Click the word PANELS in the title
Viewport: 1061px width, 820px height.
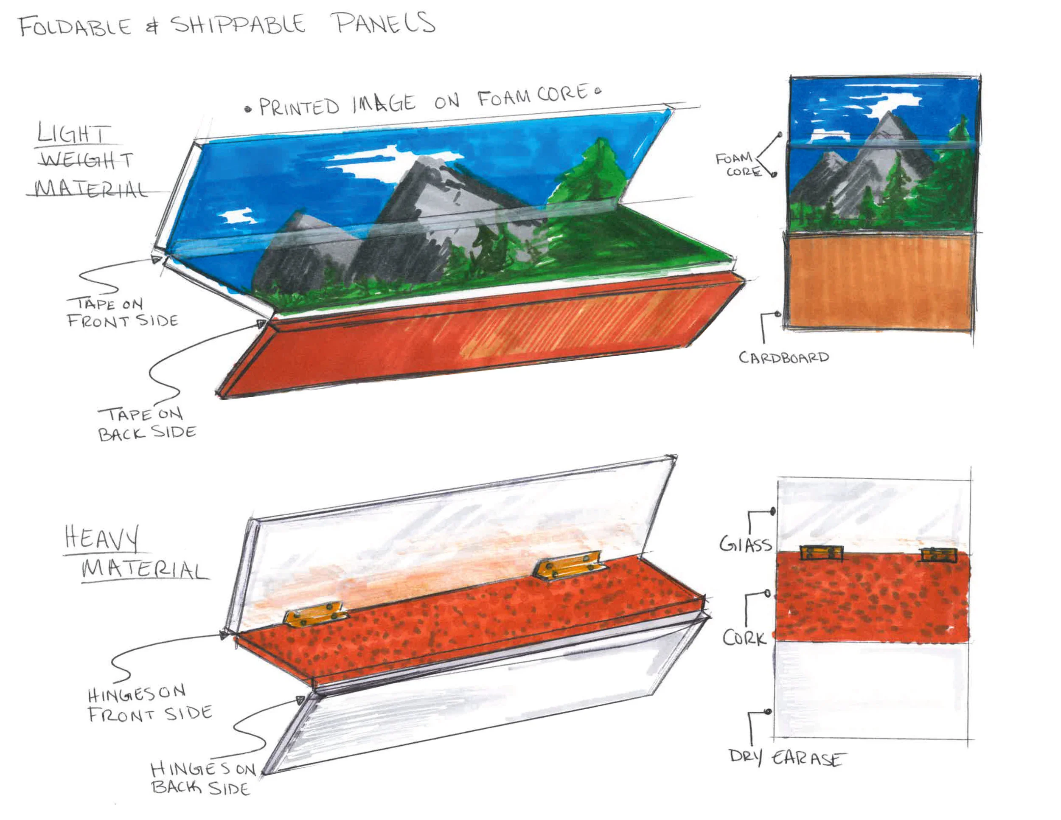[x=385, y=23]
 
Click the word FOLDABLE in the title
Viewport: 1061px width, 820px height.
[x=75, y=26]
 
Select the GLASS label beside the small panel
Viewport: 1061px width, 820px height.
[x=746, y=544]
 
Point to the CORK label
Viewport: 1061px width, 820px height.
[x=744, y=637]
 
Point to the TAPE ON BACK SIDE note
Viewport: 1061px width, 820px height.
[x=146, y=424]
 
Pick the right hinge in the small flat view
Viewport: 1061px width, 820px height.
[x=939, y=555]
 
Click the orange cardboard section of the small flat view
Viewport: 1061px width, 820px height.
[x=879, y=282]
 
